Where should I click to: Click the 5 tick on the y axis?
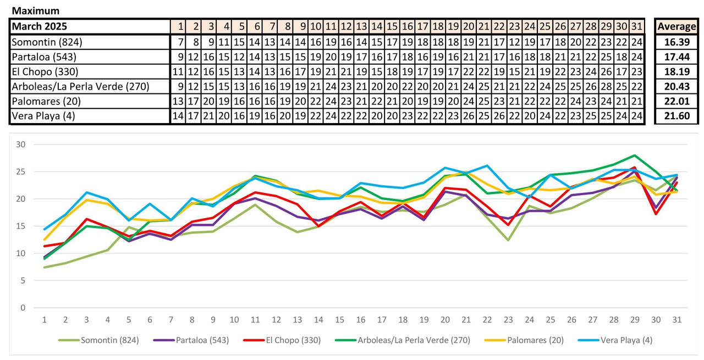pos(23,280)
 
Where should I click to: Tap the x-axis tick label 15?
pos(340,319)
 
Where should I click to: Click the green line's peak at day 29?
pos(635,156)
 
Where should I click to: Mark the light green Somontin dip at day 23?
pos(508,240)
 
